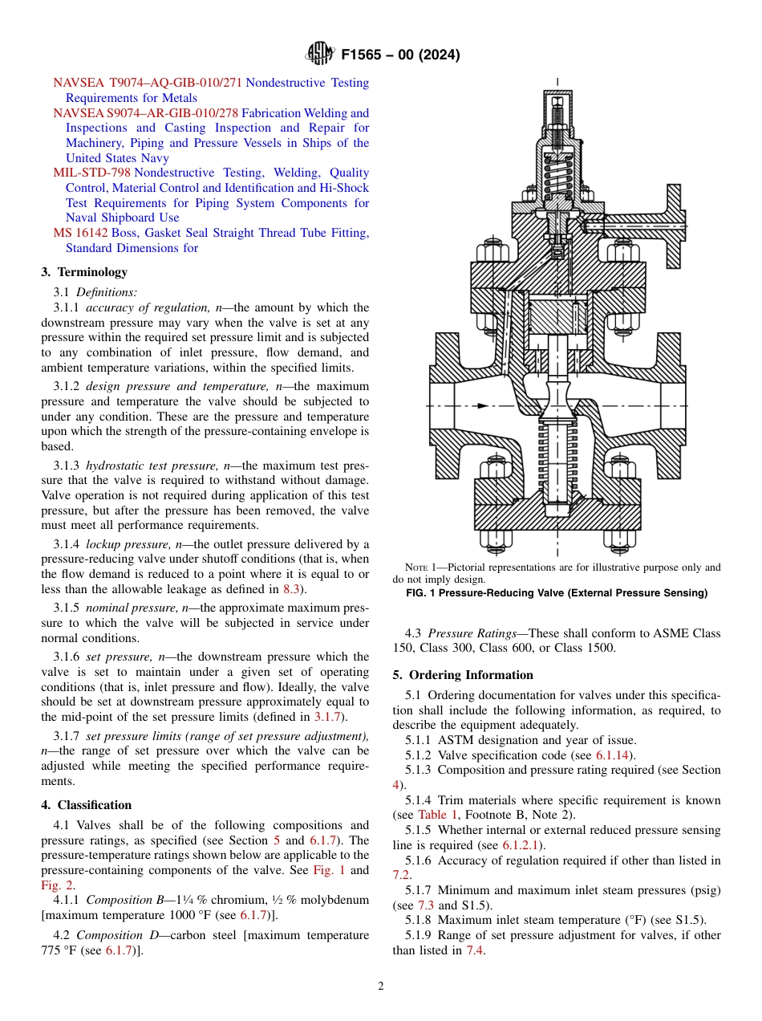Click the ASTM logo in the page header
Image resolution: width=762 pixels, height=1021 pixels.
[320, 55]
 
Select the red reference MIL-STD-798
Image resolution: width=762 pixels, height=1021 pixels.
[91, 173]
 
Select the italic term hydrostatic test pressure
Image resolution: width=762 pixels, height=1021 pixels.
[148, 466]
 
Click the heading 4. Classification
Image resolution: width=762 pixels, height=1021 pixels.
[86, 805]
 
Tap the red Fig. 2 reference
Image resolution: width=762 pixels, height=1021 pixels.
[56, 885]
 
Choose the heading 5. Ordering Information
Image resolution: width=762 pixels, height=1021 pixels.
[462, 675]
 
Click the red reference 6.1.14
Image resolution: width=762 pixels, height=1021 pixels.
[614, 755]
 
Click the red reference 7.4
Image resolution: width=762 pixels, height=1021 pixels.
[475, 950]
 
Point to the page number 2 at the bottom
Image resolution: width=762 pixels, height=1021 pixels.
[381, 986]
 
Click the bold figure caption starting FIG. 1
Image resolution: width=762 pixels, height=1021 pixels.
[557, 593]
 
